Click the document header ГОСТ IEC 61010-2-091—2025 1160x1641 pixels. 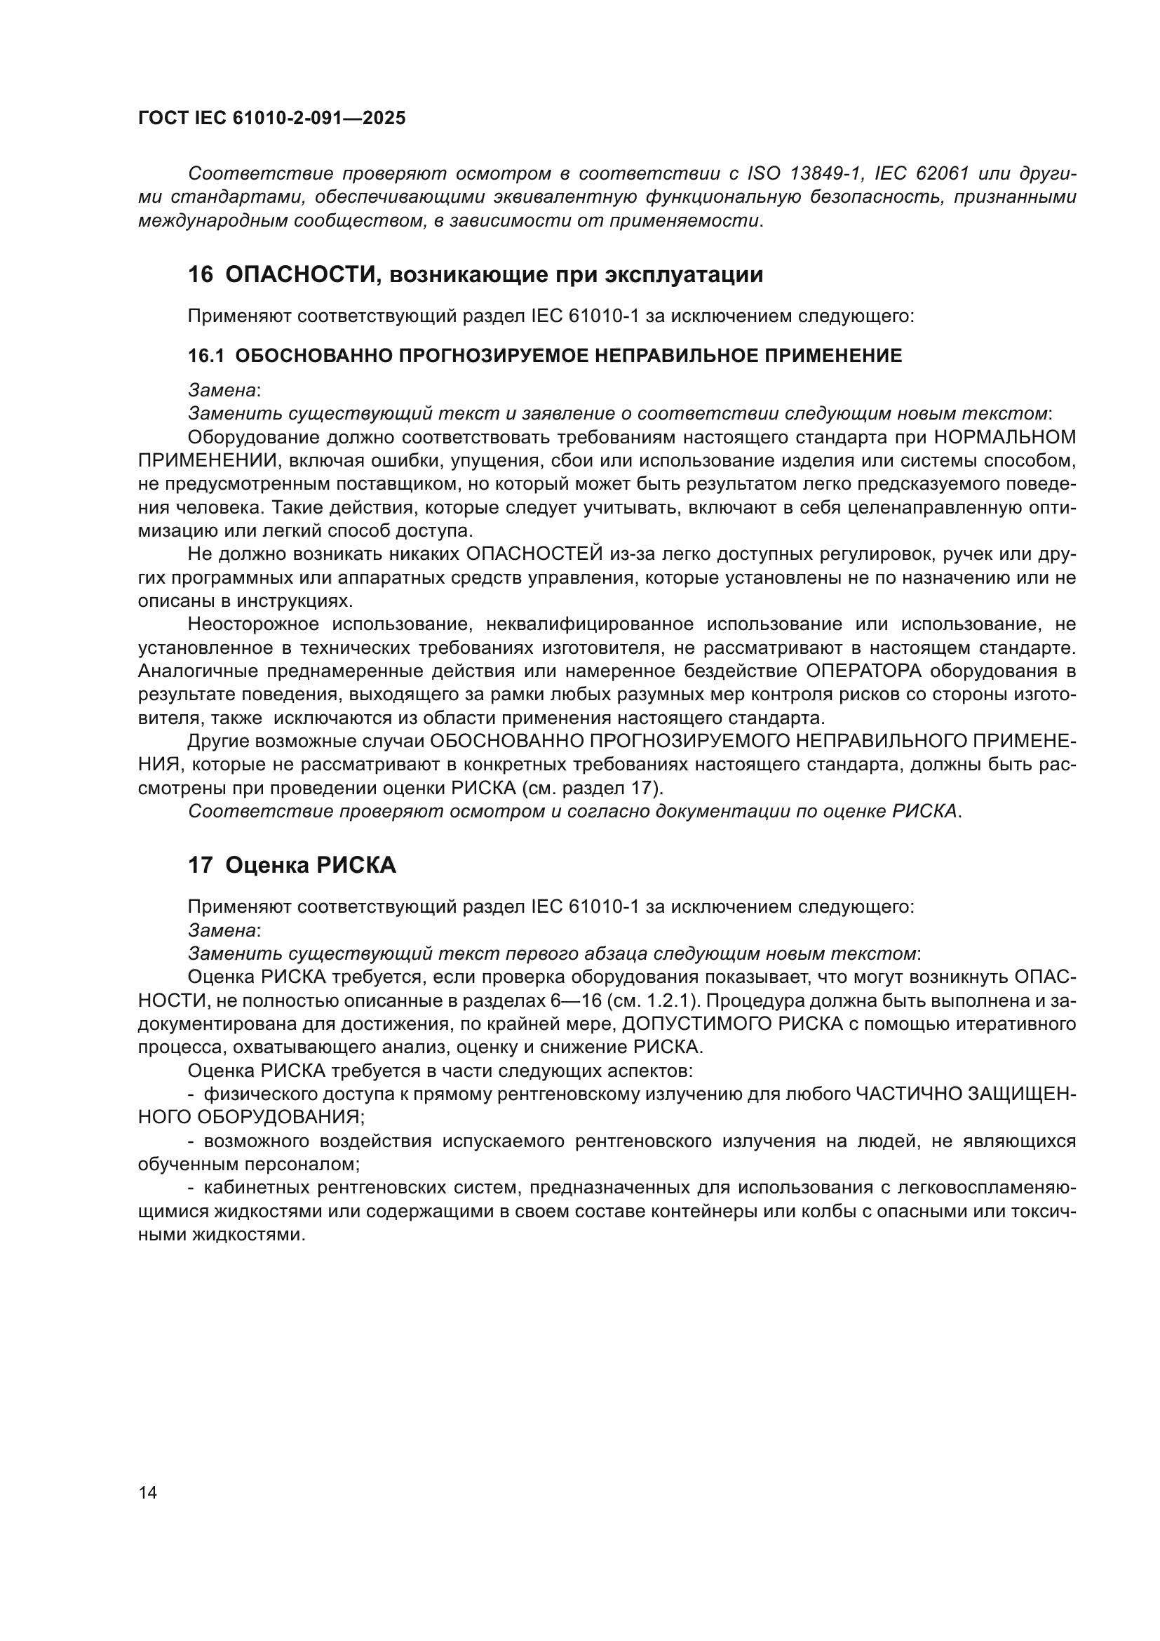[x=271, y=118]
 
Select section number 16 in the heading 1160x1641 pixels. [x=200, y=274]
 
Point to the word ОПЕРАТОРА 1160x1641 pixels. [x=863, y=671]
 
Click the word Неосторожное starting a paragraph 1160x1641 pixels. [x=253, y=624]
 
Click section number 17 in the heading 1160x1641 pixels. [x=200, y=866]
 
